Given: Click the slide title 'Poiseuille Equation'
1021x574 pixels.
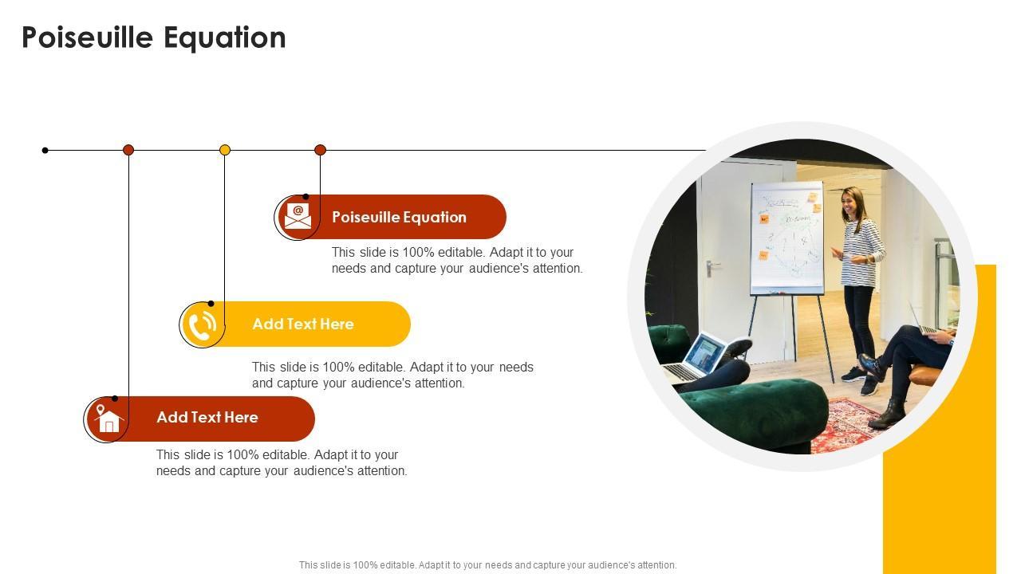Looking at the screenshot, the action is [154, 37].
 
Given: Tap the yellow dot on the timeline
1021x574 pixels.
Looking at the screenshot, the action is [225, 150].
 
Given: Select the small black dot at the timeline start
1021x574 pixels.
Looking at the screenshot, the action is [45, 151].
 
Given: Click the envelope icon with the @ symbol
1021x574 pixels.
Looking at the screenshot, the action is [298, 216].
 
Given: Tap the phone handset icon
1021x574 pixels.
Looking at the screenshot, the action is [203, 324].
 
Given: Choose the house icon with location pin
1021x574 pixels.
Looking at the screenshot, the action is [108, 419].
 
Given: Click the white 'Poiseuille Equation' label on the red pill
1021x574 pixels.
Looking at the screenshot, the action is [400, 218].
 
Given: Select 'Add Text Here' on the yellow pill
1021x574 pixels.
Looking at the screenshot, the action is [303, 324].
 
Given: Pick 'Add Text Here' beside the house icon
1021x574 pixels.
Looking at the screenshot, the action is [207, 417].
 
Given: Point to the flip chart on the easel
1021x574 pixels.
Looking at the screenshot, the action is [787, 238].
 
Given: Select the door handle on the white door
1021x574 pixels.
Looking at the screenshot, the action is [711, 268].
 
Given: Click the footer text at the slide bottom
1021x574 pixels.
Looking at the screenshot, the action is [487, 565].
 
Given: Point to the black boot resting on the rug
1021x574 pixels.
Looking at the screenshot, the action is [888, 414].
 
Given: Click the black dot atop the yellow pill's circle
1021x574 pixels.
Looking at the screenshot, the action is [211, 304].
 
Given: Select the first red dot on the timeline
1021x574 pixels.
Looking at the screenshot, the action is [128, 150].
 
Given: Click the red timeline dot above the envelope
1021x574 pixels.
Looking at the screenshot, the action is [321, 150].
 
